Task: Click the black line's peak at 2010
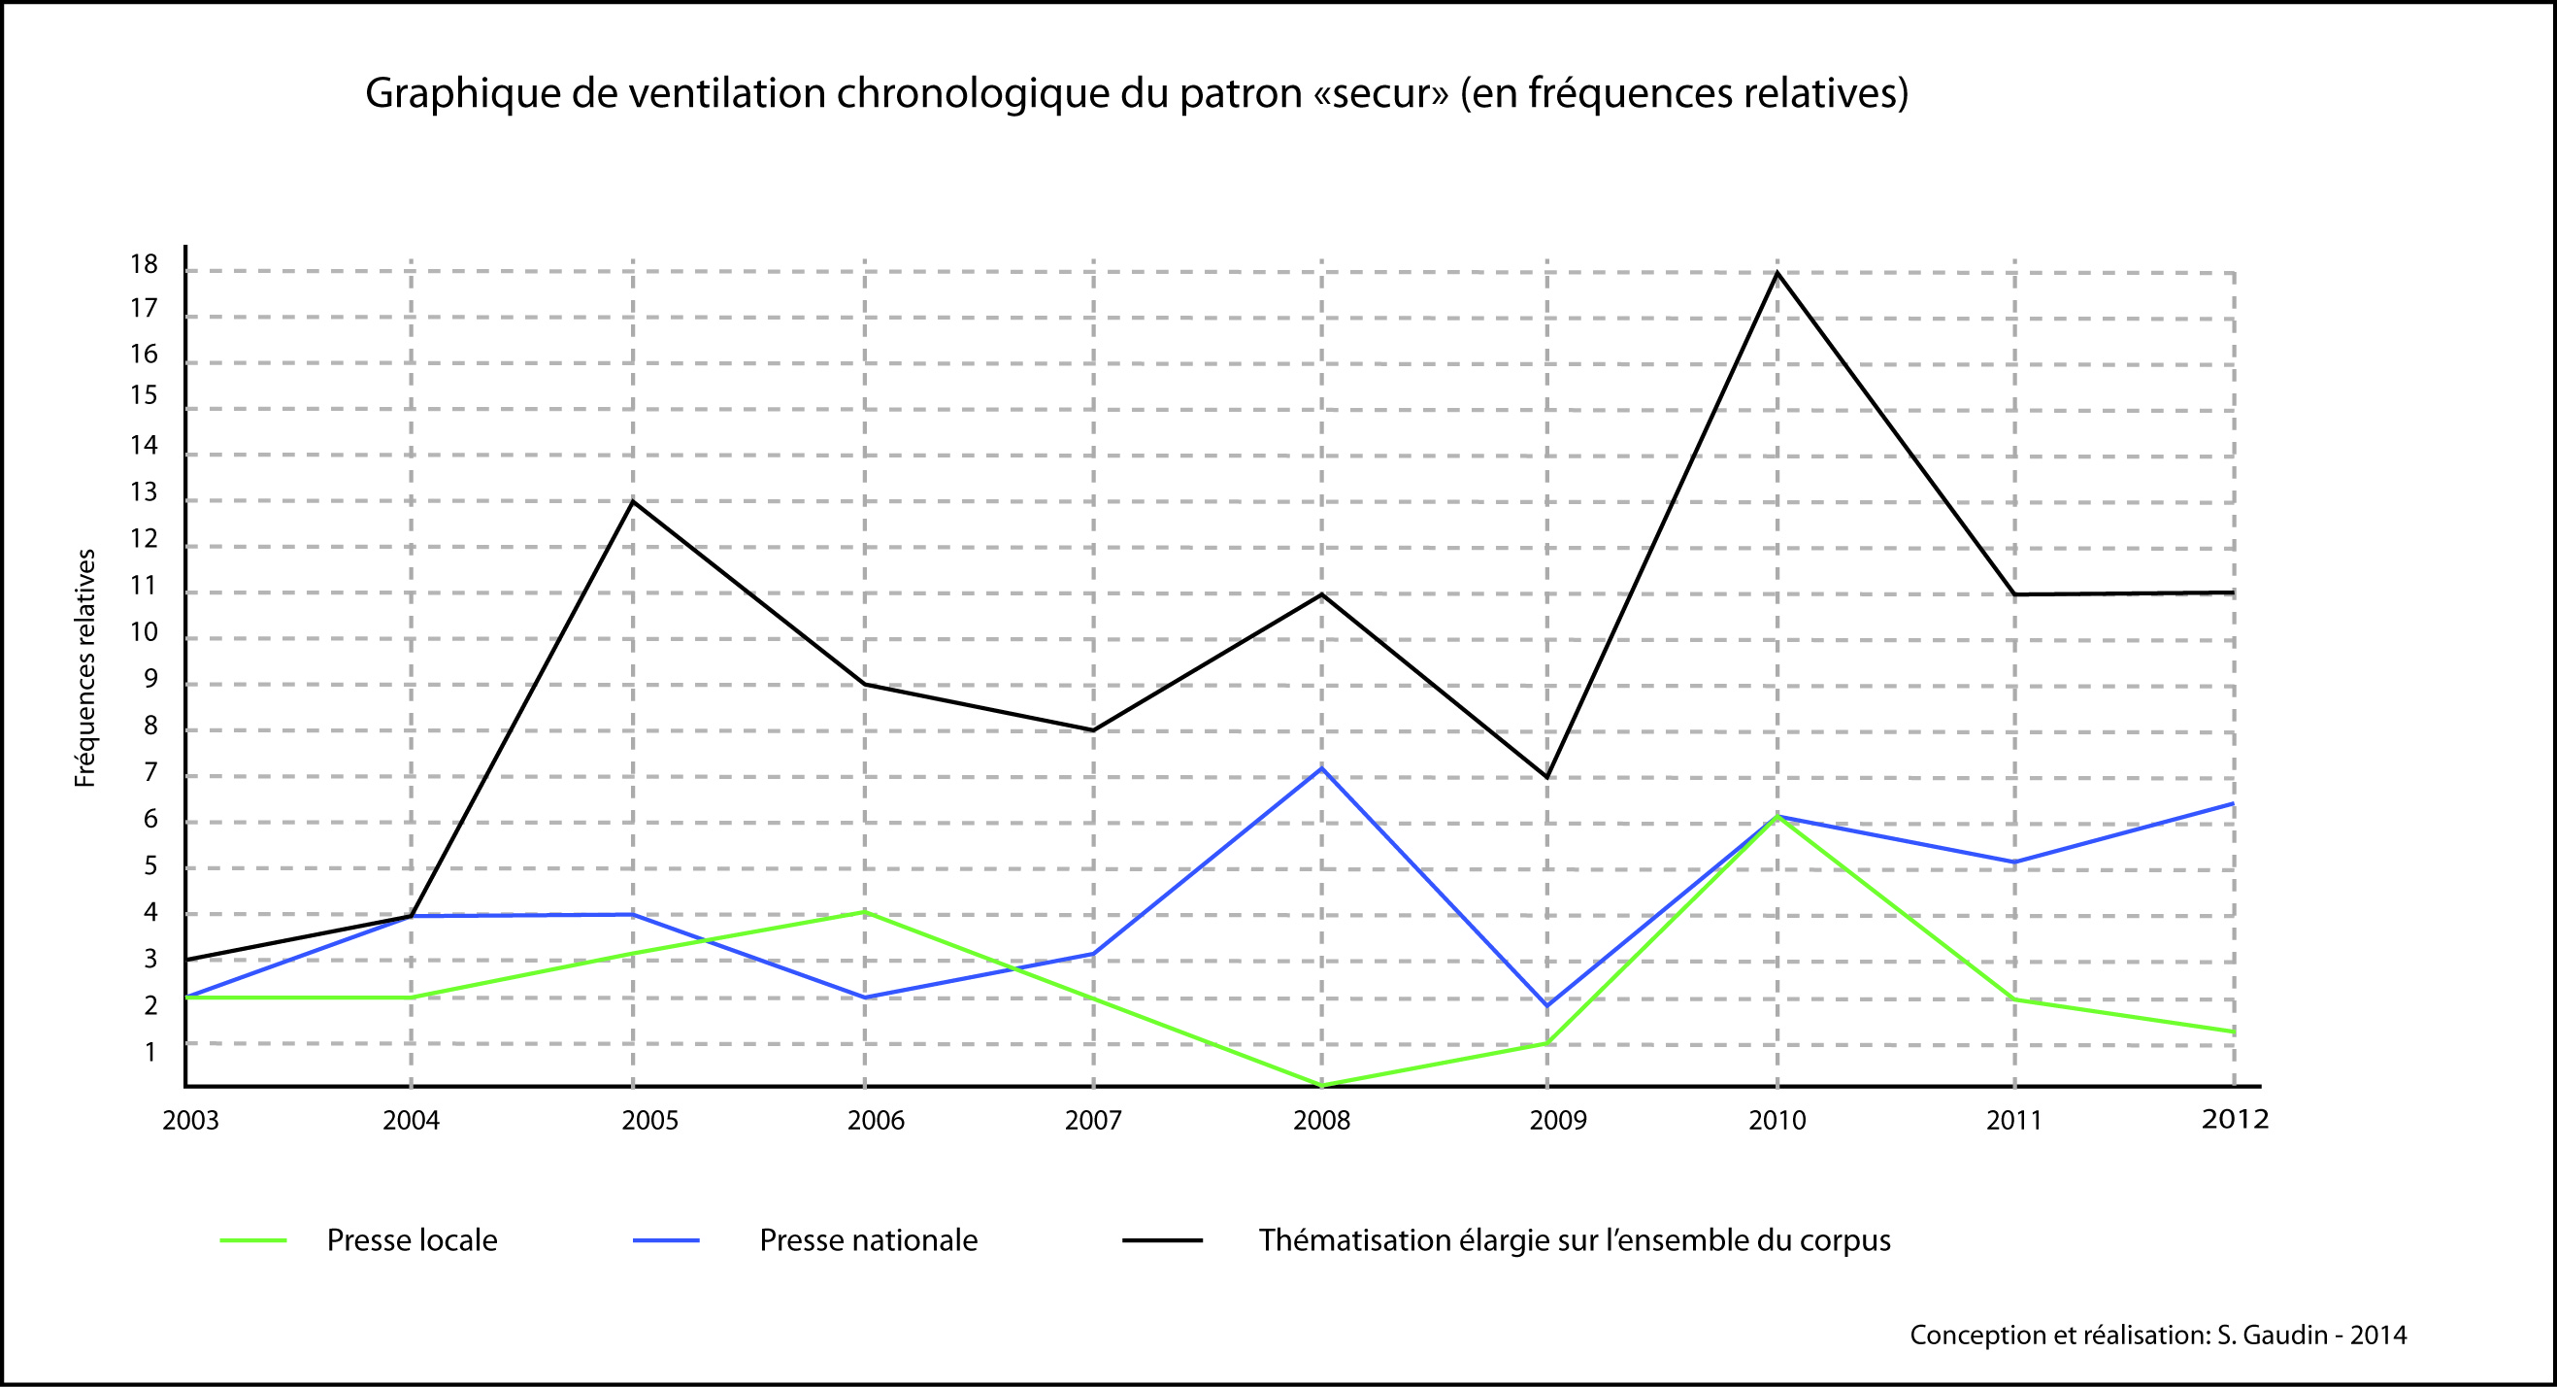(x=1776, y=273)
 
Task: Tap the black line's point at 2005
(x=633, y=501)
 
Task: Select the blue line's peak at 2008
(x=1321, y=767)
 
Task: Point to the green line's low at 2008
(x=1321, y=1085)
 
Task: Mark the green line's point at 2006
(x=865, y=910)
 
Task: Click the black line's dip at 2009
(x=1546, y=777)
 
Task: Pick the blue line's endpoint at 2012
(x=2234, y=803)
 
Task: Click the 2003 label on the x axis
(x=190, y=1121)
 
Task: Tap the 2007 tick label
(x=1093, y=1121)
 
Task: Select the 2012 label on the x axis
(x=2235, y=1120)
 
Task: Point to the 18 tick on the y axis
(x=144, y=264)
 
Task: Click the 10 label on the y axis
(x=144, y=632)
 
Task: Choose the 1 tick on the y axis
(x=150, y=1051)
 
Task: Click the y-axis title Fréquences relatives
(x=85, y=668)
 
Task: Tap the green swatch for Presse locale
(x=253, y=1241)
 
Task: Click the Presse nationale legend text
(x=869, y=1241)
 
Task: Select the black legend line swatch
(x=1161, y=1241)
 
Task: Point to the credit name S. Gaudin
(x=2273, y=1336)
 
